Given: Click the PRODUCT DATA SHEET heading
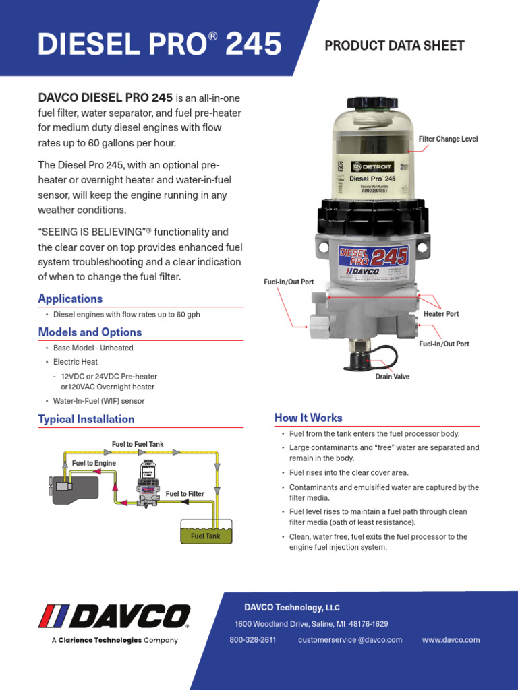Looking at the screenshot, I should [x=395, y=46].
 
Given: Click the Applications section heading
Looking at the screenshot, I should [x=70, y=299].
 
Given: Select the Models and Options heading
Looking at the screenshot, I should [x=90, y=332].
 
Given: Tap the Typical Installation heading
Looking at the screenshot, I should [x=86, y=419].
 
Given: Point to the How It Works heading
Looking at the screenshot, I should [x=308, y=418].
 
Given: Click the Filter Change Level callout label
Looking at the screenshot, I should [x=448, y=139].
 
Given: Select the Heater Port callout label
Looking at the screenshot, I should [x=441, y=314].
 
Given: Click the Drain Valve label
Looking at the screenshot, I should [x=392, y=377].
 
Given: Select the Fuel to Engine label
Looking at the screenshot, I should [x=94, y=463].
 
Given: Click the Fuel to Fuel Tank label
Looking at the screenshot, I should [x=138, y=444].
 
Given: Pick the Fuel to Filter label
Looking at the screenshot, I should [x=185, y=494].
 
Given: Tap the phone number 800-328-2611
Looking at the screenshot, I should [x=253, y=639].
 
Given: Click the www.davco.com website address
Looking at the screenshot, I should [x=451, y=639].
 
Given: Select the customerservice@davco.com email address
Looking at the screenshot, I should [x=349, y=639].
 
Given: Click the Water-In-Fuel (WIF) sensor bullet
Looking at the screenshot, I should [x=98, y=401].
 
